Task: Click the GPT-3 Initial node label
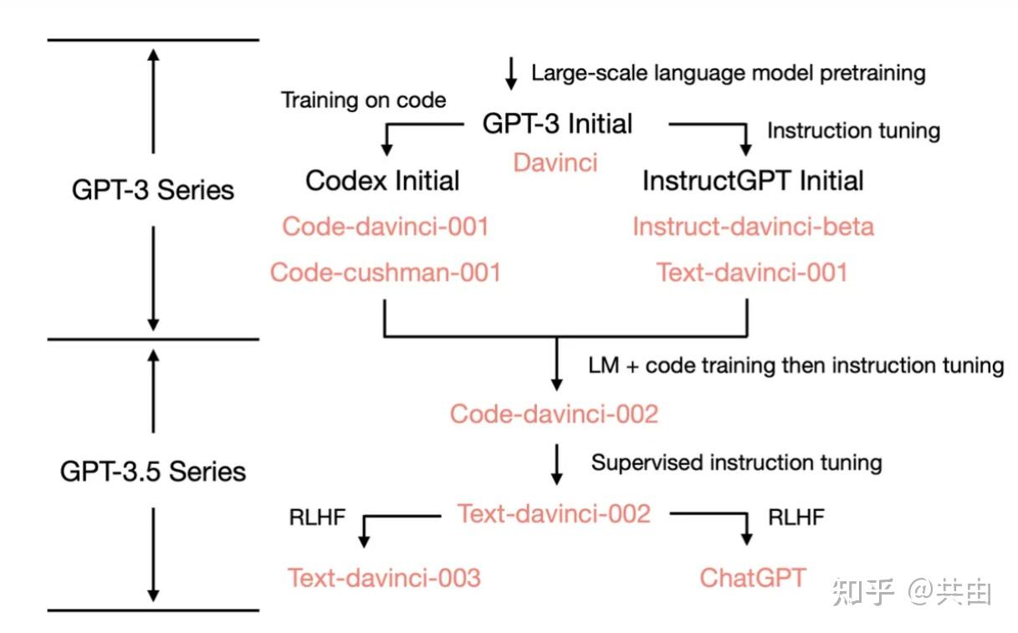point(557,124)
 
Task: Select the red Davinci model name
point(555,162)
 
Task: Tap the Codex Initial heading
point(382,180)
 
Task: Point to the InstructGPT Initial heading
point(753,180)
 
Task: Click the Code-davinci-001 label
point(385,227)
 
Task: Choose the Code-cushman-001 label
point(385,272)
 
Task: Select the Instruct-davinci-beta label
point(753,227)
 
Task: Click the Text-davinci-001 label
point(752,272)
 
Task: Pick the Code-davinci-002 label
point(554,413)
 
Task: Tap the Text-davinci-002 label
point(554,513)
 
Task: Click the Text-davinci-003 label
point(384,577)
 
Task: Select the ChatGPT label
point(753,577)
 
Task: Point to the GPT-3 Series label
point(153,190)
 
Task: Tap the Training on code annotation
point(363,100)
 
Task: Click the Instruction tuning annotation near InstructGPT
point(853,131)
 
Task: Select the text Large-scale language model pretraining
point(728,73)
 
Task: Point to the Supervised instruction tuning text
point(736,462)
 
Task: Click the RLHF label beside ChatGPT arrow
point(796,518)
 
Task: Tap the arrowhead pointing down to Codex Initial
point(386,148)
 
